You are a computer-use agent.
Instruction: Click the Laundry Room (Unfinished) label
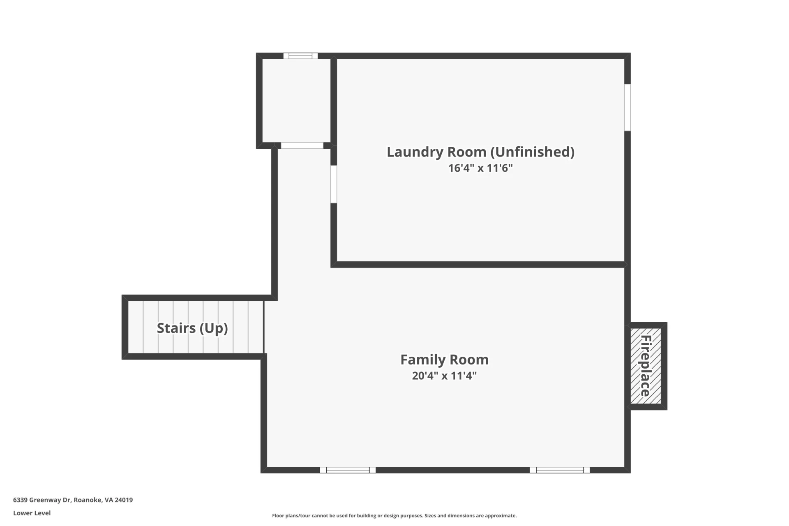click(480, 152)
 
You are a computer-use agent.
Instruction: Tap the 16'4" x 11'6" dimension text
click(480, 168)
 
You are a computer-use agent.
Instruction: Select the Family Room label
click(444, 360)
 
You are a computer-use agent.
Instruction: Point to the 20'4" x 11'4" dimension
click(444, 376)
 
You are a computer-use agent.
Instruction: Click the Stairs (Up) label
click(192, 328)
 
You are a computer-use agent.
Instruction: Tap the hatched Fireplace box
click(646, 366)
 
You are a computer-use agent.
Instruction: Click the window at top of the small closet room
click(300, 56)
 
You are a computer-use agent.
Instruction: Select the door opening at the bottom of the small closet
click(302, 145)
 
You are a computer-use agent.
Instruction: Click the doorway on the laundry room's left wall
click(334, 184)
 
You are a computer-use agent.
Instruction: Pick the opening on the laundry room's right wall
click(628, 108)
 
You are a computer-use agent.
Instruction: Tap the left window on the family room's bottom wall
click(348, 470)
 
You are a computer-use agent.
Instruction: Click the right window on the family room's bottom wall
click(560, 470)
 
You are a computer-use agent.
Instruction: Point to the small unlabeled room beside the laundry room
click(296, 101)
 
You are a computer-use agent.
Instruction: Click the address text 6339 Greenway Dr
click(42, 500)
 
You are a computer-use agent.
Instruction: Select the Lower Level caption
click(32, 513)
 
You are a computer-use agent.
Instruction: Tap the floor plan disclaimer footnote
click(394, 516)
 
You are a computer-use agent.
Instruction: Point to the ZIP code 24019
click(124, 500)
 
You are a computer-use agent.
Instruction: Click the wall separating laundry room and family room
click(478, 265)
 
